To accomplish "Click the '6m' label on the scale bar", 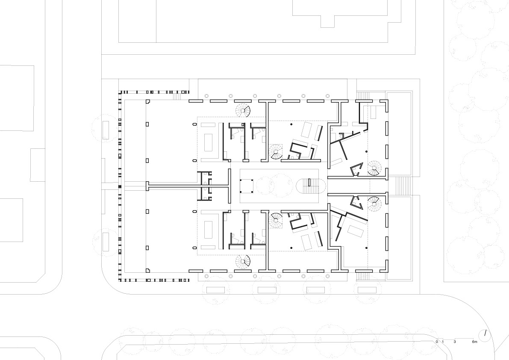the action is (474, 342).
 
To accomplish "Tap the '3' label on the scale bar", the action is (455, 342).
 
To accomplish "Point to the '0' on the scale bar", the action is (437, 342).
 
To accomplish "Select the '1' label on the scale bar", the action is (443, 342).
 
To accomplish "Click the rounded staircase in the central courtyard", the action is (311, 187).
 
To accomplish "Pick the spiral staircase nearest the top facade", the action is (243, 111).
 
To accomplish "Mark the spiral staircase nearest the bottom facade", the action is (243, 262).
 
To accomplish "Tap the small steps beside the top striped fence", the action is (177, 96).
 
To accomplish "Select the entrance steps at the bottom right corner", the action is (363, 276).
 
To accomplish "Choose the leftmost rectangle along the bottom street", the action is (215, 290).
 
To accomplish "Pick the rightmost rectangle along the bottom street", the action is (367, 290).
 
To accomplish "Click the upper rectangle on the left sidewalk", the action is (106, 130).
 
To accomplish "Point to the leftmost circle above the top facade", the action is (206, 96).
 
